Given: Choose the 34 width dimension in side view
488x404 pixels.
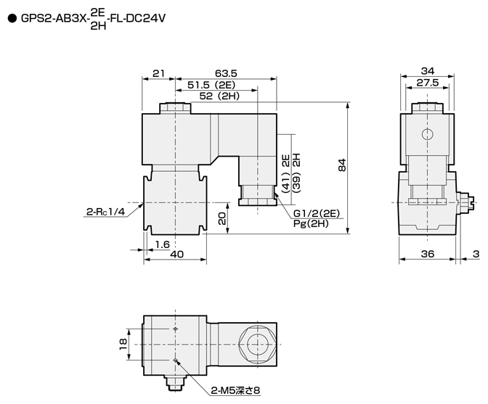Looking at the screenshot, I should pyautogui.click(x=427, y=71).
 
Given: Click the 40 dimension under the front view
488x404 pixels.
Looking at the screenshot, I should pyautogui.click(x=176, y=255).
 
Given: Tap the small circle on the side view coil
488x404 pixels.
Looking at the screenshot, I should pyautogui.click(x=427, y=134).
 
